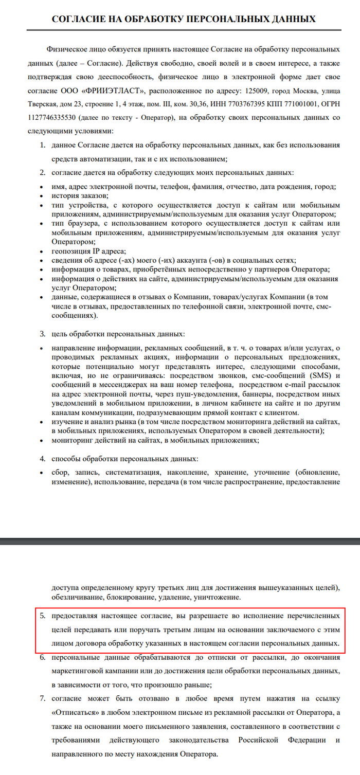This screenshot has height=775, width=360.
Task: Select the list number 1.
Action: (x=43, y=146)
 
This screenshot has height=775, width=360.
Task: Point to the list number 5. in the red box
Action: (x=43, y=615)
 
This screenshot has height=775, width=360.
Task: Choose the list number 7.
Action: (x=43, y=699)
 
